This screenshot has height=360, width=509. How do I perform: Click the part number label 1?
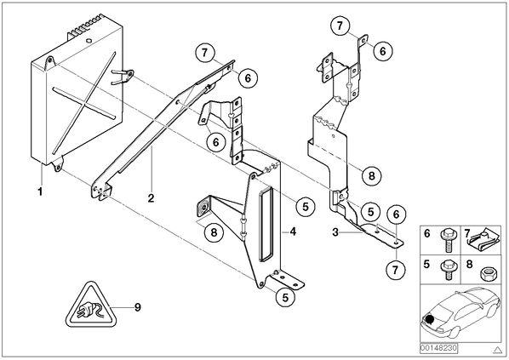[x=40, y=191]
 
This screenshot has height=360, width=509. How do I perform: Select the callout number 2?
[x=151, y=198]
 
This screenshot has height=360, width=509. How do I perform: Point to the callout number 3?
[x=335, y=232]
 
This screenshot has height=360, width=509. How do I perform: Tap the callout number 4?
[x=293, y=231]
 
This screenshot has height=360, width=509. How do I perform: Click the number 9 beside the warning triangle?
[x=138, y=306]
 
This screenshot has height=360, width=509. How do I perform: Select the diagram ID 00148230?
[x=438, y=348]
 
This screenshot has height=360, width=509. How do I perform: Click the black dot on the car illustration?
[x=430, y=319]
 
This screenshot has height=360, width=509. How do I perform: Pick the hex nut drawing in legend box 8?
[x=487, y=274]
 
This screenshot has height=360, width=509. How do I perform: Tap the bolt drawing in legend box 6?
[x=447, y=241]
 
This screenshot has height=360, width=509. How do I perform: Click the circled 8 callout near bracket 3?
[x=371, y=175]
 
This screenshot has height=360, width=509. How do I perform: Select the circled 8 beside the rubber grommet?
[x=214, y=232]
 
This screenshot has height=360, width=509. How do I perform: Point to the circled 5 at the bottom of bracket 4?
[x=285, y=297]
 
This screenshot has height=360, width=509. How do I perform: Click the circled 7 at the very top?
[x=340, y=26]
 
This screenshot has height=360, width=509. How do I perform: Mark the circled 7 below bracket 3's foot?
[x=396, y=270]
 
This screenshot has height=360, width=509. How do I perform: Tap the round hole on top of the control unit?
[x=88, y=41]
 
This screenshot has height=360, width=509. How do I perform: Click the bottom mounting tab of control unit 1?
[x=58, y=164]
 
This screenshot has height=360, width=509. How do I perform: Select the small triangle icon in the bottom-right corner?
[x=497, y=350]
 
